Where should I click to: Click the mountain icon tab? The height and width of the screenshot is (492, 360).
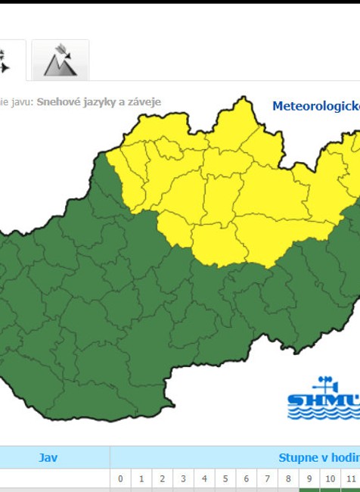pyautogui.click(x=60, y=61)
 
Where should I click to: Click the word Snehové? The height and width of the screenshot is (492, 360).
pyautogui.click(x=59, y=101)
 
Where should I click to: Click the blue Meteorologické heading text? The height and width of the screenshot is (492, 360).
pyautogui.click(x=315, y=105)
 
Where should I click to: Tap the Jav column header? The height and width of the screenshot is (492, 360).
pyautogui.click(x=48, y=457)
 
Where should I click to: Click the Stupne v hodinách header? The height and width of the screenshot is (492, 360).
pyautogui.click(x=318, y=457)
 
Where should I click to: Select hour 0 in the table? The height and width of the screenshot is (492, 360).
pyautogui.click(x=120, y=479)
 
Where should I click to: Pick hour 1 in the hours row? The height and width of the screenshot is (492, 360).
pyautogui.click(x=141, y=479)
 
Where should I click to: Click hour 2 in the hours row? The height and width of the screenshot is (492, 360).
pyautogui.click(x=163, y=479)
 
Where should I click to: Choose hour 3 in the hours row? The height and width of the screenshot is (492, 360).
pyautogui.click(x=183, y=479)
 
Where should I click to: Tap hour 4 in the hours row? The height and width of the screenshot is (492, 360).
pyautogui.click(x=204, y=479)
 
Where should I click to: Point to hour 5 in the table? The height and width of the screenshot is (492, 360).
pyautogui.click(x=225, y=479)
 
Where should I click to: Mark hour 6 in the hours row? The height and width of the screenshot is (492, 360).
pyautogui.click(x=246, y=479)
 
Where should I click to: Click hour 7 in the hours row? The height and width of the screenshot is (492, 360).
pyautogui.click(x=267, y=479)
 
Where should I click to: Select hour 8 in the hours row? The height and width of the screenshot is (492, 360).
pyautogui.click(x=288, y=479)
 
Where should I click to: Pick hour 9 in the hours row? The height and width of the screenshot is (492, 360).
pyautogui.click(x=309, y=479)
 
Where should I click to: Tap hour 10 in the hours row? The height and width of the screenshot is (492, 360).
pyautogui.click(x=330, y=479)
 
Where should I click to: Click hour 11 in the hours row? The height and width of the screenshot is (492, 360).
pyautogui.click(x=351, y=479)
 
